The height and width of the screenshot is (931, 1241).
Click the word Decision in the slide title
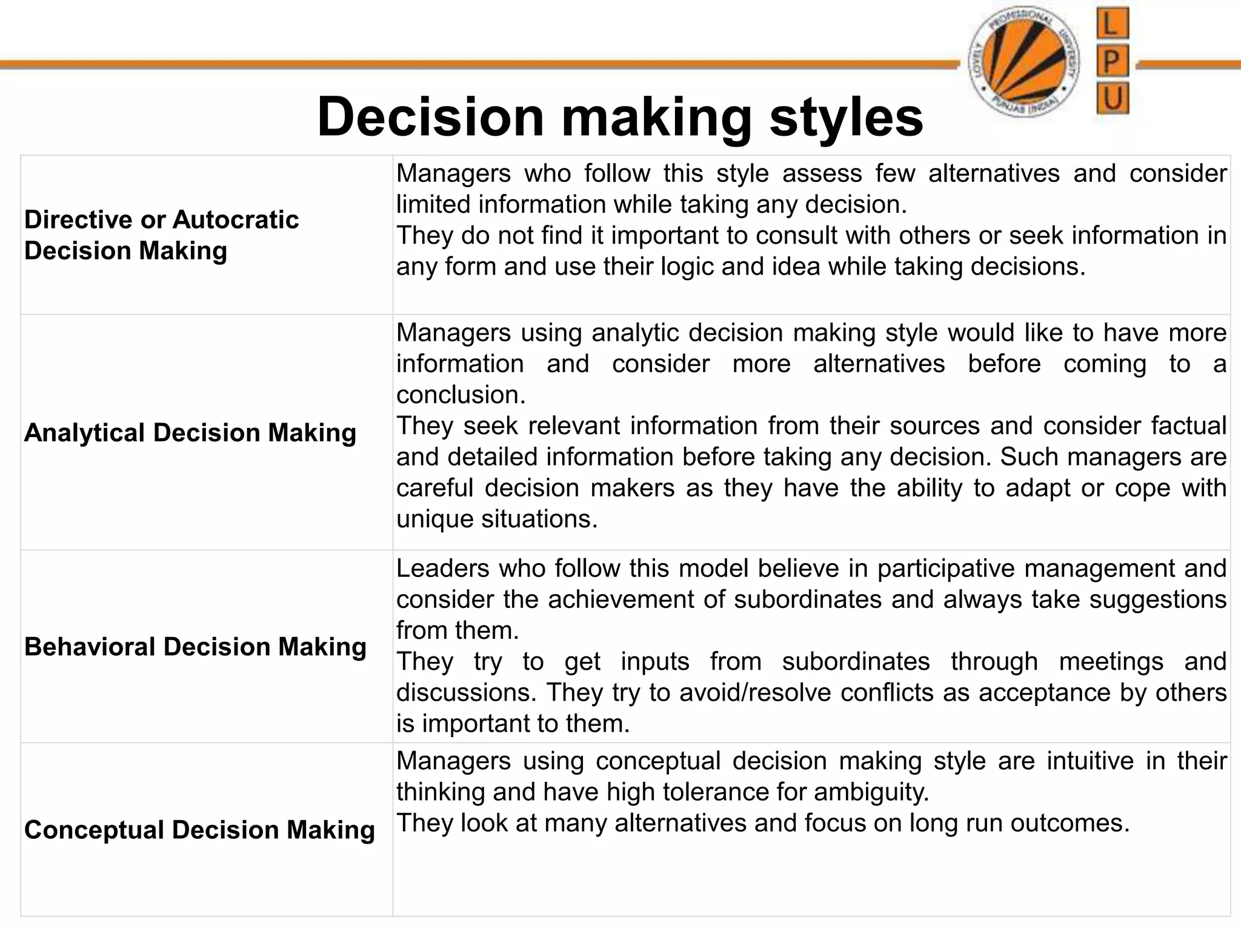(430, 117)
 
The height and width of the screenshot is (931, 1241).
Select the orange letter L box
(1113, 24)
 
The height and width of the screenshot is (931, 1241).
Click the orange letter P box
(1113, 61)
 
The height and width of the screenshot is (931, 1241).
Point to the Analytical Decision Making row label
(190, 433)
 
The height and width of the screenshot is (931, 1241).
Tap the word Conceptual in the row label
(93, 830)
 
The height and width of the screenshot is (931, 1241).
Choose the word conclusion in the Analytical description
(461, 395)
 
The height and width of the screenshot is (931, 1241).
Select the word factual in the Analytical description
(1189, 426)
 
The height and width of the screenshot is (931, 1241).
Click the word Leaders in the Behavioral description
(442, 569)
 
